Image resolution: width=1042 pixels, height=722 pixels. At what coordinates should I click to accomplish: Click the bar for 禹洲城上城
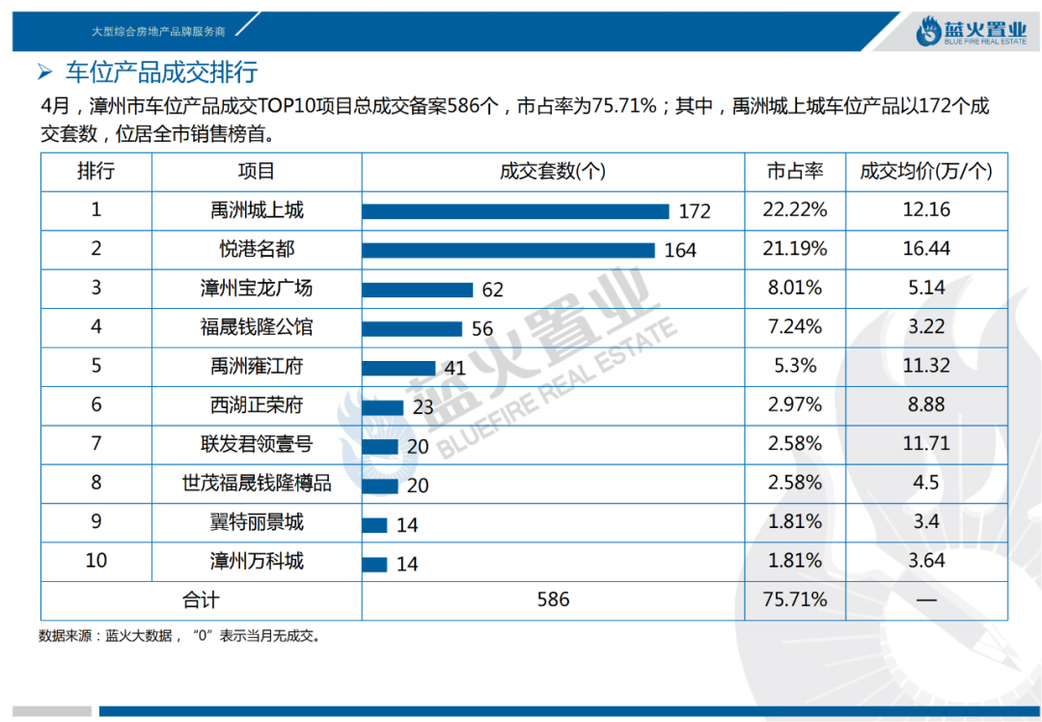(515, 211)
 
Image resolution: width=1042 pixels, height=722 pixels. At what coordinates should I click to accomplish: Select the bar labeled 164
(508, 250)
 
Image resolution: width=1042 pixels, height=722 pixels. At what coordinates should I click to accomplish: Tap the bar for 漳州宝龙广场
(417, 290)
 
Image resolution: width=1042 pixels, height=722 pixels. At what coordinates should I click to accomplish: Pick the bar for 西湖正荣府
(383, 406)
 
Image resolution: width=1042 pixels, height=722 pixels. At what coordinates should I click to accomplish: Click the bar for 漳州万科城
(374, 564)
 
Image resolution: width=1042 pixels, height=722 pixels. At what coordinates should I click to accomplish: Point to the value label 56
(482, 329)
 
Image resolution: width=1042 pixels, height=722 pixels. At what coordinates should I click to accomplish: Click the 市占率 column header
(795, 171)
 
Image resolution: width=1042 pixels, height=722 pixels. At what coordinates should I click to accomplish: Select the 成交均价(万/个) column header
(925, 171)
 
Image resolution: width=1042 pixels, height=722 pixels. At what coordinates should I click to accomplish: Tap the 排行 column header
(96, 171)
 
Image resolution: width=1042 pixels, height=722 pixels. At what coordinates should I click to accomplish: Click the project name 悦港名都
(257, 249)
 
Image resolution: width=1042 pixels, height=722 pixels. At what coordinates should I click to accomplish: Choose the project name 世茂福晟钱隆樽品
(257, 483)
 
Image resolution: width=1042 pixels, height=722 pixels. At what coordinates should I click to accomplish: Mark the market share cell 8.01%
(795, 288)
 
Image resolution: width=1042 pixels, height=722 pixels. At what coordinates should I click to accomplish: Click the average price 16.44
(926, 249)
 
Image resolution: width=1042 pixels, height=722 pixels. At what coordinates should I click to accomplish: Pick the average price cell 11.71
(926, 444)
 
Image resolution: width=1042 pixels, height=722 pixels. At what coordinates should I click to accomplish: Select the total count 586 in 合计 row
(553, 599)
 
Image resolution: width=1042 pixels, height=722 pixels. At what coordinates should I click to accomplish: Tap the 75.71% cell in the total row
(795, 599)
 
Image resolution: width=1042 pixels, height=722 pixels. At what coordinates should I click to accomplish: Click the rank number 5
(96, 366)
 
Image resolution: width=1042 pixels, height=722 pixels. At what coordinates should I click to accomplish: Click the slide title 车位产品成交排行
(161, 72)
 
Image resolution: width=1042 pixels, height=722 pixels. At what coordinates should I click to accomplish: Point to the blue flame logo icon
(931, 32)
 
